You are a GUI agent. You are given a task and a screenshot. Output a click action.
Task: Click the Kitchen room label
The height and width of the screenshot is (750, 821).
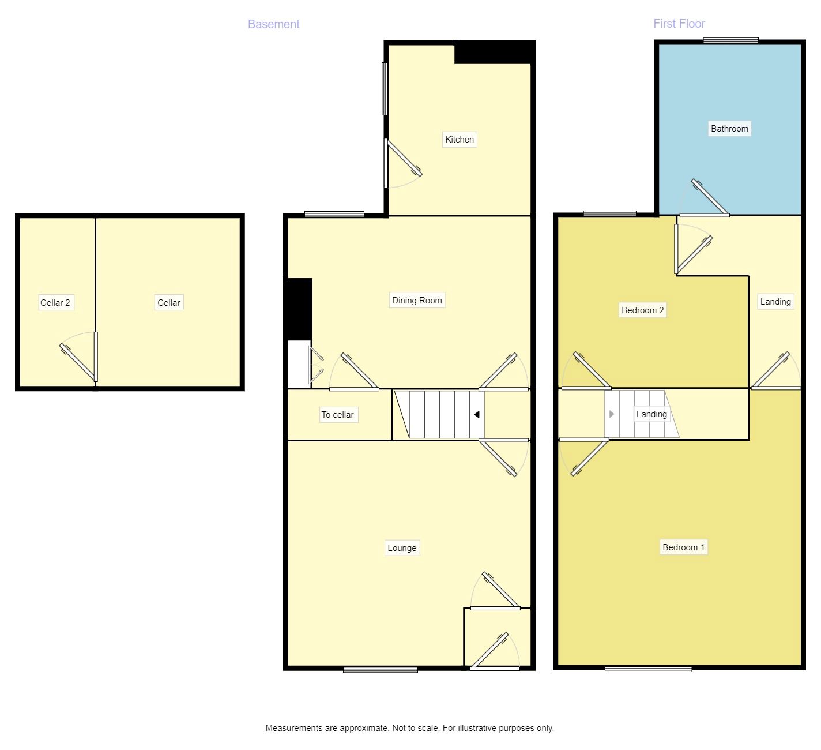[459, 139]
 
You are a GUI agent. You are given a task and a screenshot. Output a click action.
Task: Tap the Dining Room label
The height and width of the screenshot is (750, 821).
[417, 300]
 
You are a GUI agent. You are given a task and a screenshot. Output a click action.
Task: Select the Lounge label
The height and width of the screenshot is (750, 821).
[402, 547]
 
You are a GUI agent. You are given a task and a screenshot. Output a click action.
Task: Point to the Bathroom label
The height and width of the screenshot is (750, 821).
[729, 129]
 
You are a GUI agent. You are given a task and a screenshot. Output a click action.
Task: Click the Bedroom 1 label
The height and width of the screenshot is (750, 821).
[683, 547]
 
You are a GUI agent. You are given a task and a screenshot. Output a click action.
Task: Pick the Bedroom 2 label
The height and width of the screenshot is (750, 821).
[642, 310]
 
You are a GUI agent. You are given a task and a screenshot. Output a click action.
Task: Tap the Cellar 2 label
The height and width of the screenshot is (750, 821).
[55, 303]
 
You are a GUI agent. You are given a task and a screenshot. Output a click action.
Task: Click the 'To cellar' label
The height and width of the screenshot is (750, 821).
[338, 415]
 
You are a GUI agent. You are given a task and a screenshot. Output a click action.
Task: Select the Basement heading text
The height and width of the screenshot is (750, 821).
[274, 24]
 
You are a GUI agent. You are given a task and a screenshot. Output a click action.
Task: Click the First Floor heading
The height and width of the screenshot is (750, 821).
[679, 24]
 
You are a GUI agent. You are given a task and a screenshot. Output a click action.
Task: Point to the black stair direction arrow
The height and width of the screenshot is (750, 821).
[477, 415]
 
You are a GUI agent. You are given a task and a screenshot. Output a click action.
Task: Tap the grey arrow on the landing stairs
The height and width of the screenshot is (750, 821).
[612, 414]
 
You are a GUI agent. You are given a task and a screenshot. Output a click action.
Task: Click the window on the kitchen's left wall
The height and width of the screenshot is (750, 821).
[385, 88]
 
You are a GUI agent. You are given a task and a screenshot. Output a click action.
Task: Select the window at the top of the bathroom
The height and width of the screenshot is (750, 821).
[730, 40]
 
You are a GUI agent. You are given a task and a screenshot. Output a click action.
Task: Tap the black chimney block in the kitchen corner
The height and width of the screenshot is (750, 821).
[495, 52]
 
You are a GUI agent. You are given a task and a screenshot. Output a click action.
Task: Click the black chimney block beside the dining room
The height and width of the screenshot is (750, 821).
[298, 309]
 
